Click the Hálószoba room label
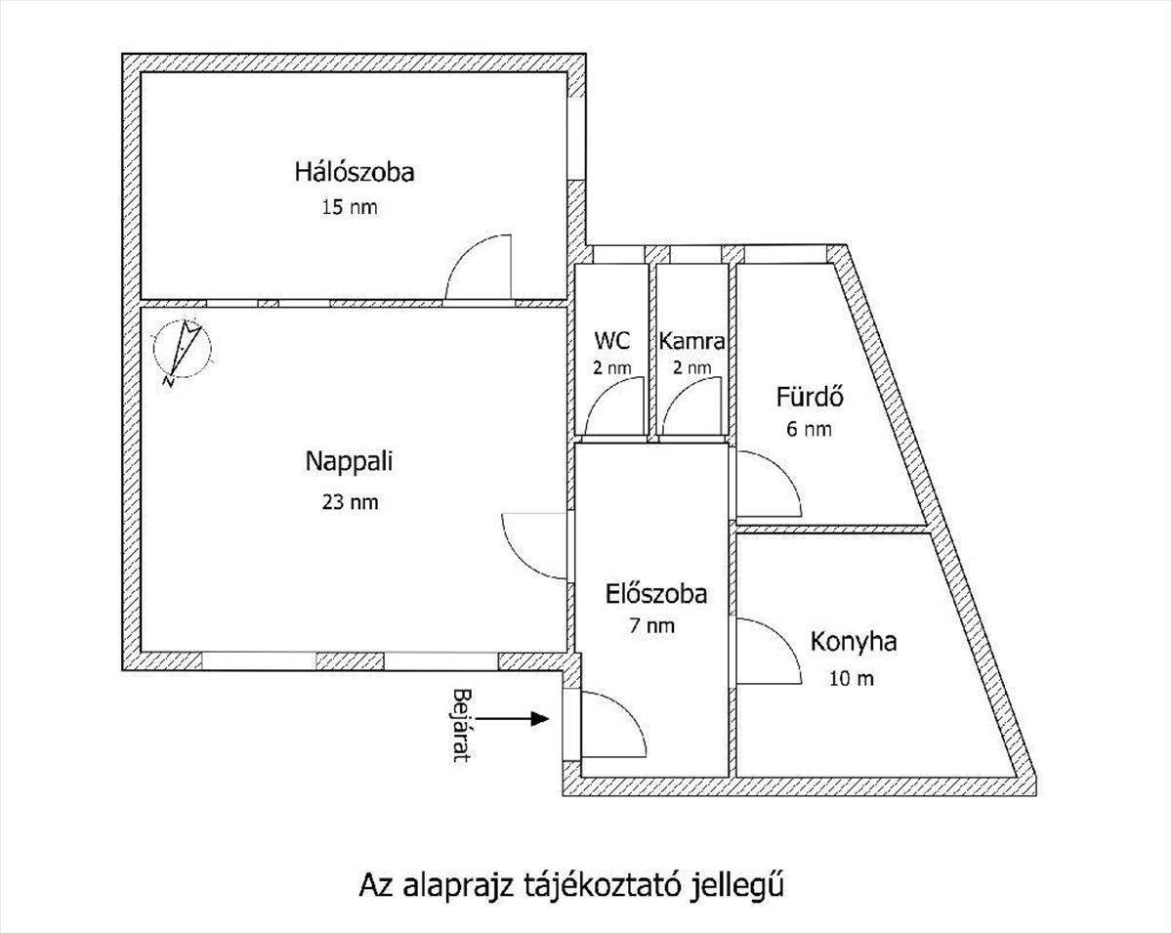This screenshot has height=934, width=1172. coord(355,173)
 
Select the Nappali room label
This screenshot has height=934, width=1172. coord(349,462)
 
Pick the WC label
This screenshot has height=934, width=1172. coord(611,341)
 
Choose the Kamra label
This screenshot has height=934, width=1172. coord(691,342)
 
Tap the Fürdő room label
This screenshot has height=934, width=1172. coord(810,398)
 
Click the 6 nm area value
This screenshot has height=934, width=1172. coord(809,429)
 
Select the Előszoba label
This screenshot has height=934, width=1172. coord(654,593)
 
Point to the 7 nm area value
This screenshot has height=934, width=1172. coord(652,626)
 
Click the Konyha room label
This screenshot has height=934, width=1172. coord(854,643)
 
